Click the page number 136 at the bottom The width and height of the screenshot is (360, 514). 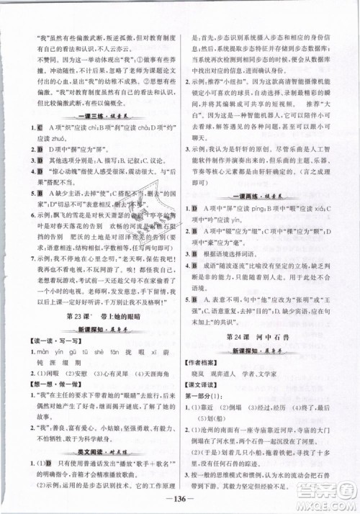(x=180, y=501)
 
